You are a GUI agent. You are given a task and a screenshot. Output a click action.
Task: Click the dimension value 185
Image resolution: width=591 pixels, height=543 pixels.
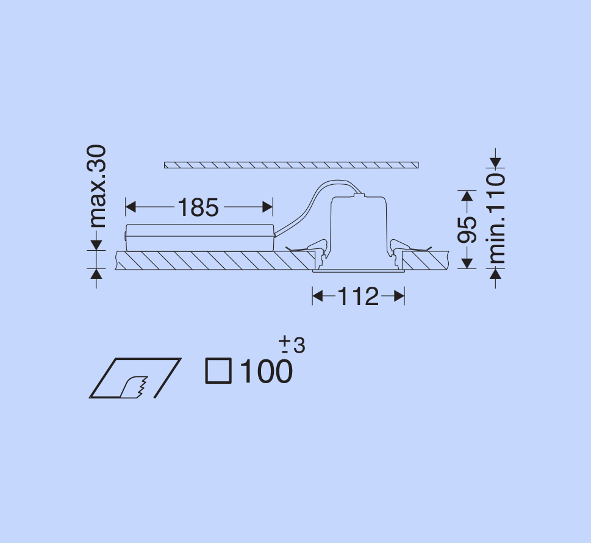pos(198,207)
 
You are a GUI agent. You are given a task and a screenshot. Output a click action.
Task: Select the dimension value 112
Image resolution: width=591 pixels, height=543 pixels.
pos(358,297)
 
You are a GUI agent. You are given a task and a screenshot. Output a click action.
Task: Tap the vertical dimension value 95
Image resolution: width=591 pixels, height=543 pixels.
pos(467,229)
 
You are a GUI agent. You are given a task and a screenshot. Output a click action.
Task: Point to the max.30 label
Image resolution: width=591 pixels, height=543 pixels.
pos(96,186)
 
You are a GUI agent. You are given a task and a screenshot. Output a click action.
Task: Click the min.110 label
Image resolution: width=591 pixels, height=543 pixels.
pos(496,218)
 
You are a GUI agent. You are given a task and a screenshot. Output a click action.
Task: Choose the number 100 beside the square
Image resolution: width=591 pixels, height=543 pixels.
pos(266,372)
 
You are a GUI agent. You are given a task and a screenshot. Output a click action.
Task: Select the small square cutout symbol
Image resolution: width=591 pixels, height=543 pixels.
pos(218,371)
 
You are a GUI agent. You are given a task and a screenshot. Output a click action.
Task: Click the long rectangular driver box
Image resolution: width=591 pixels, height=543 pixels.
pos(200,237)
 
